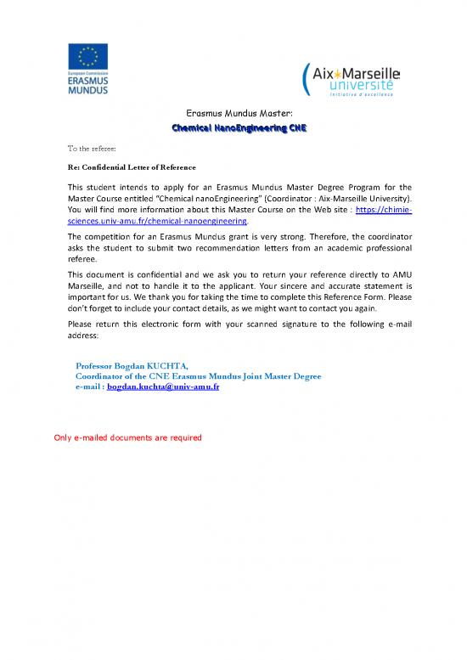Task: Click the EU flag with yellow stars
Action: [x=87, y=57]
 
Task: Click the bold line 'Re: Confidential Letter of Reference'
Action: [x=121, y=167]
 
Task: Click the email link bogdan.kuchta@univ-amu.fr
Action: [x=163, y=386]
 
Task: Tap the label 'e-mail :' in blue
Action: [x=90, y=386]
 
